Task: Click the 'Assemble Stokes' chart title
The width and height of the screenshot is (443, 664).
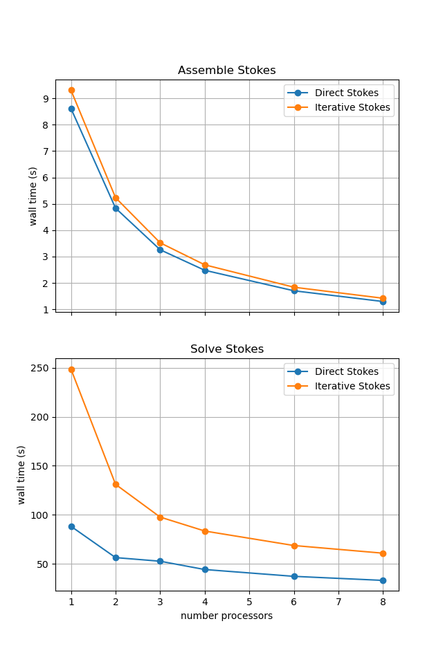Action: [x=226, y=71]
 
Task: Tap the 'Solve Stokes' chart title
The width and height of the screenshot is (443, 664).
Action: [x=226, y=349]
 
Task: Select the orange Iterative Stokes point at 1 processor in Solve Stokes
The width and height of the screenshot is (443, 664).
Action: [x=71, y=369]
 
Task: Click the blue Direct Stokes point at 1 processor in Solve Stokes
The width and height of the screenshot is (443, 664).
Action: [x=71, y=526]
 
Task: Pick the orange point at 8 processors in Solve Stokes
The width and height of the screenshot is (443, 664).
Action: [x=383, y=553]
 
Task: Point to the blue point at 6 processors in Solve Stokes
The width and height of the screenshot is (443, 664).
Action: [x=294, y=576]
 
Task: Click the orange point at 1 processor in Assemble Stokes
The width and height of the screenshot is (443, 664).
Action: [x=71, y=90]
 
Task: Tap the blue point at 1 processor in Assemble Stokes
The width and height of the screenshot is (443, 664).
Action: [x=71, y=109]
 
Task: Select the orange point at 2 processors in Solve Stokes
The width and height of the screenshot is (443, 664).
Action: [x=116, y=484]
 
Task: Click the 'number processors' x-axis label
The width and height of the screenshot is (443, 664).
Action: [x=226, y=616]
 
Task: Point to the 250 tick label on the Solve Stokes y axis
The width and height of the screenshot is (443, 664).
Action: [x=39, y=368]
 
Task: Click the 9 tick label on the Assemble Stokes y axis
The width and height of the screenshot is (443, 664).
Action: [x=45, y=99]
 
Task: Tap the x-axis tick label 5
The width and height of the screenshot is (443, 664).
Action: [x=249, y=602]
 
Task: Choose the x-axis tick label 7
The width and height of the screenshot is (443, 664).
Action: [x=338, y=602]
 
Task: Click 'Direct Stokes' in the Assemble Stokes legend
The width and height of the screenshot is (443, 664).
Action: [x=346, y=93]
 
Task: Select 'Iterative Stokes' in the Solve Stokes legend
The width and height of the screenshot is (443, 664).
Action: [x=352, y=386]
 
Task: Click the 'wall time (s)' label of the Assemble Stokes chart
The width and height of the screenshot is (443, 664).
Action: [x=33, y=196]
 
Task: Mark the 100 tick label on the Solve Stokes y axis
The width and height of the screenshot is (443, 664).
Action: [x=39, y=515]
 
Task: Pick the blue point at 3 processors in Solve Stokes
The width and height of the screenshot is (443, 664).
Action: [x=160, y=561]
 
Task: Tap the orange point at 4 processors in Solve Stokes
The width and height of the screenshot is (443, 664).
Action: [x=205, y=531]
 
